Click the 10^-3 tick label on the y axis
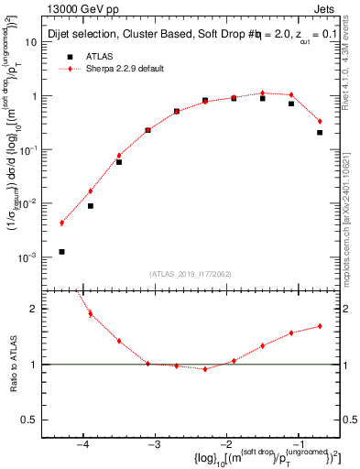pyautogui.click(x=32, y=258)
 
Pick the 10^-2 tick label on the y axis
pyautogui.click(x=32, y=204)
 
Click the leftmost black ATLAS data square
pyautogui.click(x=61, y=251)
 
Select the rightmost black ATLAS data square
pyautogui.click(x=320, y=132)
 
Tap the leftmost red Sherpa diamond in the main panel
pyautogui.click(x=61, y=223)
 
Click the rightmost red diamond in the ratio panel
pyautogui.click(x=320, y=325)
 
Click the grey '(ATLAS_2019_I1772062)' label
pyautogui.click(x=189, y=273)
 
